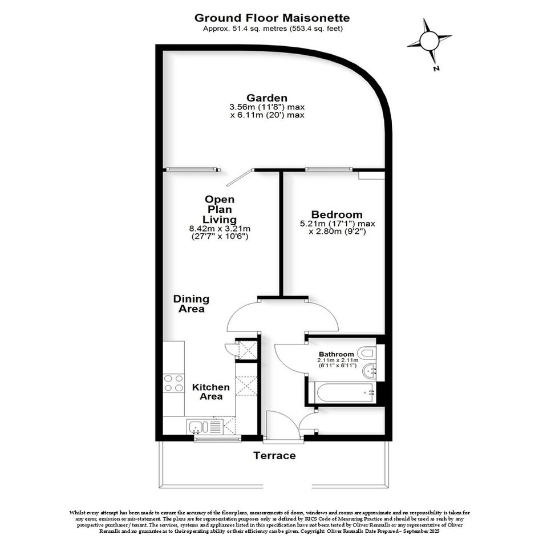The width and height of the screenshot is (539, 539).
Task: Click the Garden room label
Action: click(x=267, y=98)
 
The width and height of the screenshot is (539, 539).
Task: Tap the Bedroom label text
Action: click(x=337, y=214)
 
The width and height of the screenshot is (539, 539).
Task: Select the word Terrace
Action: click(x=274, y=456)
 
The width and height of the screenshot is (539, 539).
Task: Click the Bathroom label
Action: click(x=336, y=354)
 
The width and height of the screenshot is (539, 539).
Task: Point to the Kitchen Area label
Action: click(x=210, y=392)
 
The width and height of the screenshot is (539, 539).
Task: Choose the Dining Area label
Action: click(x=191, y=303)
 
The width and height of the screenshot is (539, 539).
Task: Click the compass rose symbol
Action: click(x=429, y=41)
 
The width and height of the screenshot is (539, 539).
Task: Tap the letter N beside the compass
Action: click(x=436, y=68)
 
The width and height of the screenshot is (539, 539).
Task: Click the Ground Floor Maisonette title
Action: click(x=272, y=18)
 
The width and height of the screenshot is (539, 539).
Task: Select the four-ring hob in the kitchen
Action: click(x=173, y=383)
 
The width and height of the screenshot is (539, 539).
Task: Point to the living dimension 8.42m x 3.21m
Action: click(x=220, y=229)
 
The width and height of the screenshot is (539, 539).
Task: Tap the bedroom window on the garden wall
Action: click(x=329, y=169)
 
